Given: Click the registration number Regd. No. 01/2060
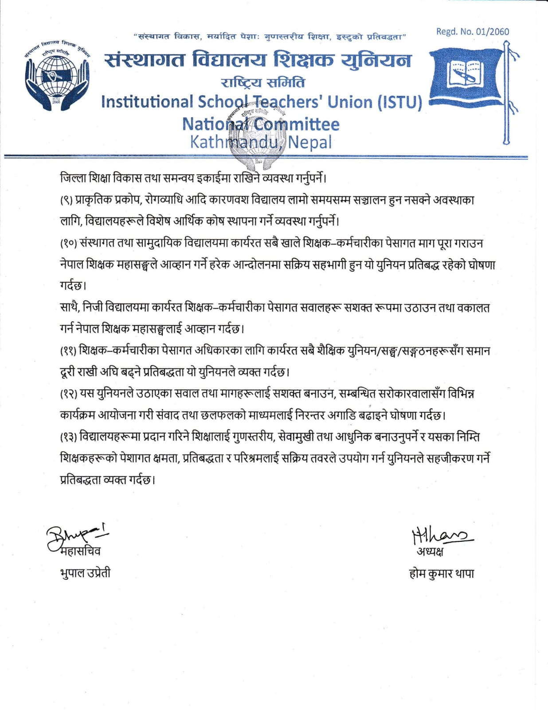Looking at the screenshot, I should pos(473,32).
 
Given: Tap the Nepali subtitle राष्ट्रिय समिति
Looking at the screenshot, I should pos(262,83).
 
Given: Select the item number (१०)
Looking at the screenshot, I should pos(69,244).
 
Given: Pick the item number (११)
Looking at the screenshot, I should pos(69,351).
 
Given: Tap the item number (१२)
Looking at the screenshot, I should pos(69,394).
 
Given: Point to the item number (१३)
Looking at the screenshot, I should pos(69,437).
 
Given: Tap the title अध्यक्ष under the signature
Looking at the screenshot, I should pos(430,552).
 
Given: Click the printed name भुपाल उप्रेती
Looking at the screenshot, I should pos(85,573).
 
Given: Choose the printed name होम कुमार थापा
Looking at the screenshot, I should pos(441,573).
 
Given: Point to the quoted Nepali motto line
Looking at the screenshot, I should pos(270,37).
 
